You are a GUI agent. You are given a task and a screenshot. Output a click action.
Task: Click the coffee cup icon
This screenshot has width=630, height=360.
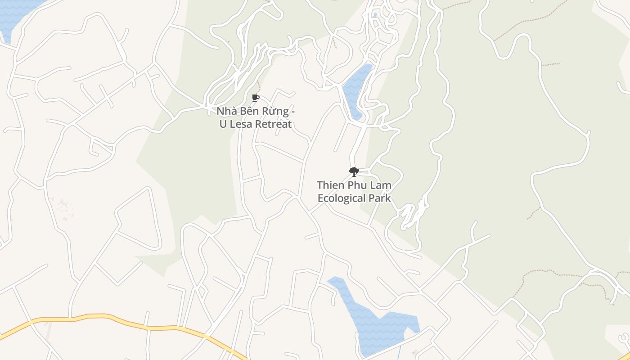256,98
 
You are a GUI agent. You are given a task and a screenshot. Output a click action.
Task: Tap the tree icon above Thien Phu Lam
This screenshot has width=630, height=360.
354,171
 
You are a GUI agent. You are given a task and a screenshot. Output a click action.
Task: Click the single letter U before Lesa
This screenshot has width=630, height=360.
223,124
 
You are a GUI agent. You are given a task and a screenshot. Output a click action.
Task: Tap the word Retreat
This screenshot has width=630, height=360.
274,124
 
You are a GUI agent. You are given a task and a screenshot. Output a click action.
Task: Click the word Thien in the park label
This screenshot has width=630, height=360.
331,185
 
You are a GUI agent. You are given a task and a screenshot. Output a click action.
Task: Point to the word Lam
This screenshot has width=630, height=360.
382,185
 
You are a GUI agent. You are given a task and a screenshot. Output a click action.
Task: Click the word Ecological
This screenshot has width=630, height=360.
342,198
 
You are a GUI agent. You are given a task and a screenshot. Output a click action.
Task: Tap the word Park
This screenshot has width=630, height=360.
380,198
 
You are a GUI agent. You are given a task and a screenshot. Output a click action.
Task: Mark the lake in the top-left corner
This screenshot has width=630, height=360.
13,13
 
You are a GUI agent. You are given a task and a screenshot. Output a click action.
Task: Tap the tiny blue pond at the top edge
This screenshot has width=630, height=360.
375,15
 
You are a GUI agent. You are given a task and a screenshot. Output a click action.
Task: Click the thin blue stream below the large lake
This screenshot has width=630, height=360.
399,352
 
